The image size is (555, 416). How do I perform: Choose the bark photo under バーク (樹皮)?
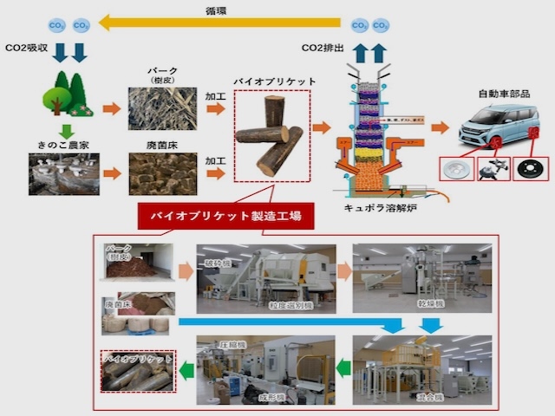tap(162, 108)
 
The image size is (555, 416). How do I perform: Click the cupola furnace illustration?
tap(373, 130)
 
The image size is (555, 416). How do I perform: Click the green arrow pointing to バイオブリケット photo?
tap(185, 371)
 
